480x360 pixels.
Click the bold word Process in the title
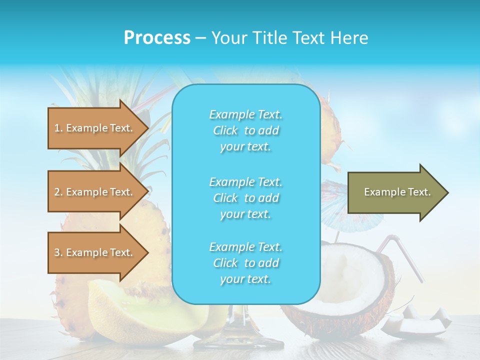(157, 38)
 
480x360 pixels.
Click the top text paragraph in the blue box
(245, 130)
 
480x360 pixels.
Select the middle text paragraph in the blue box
(245, 198)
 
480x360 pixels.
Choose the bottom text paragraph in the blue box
(245, 263)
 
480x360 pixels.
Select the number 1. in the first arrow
(58, 128)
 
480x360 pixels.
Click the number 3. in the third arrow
(58, 253)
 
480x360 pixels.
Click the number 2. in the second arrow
(58, 192)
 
